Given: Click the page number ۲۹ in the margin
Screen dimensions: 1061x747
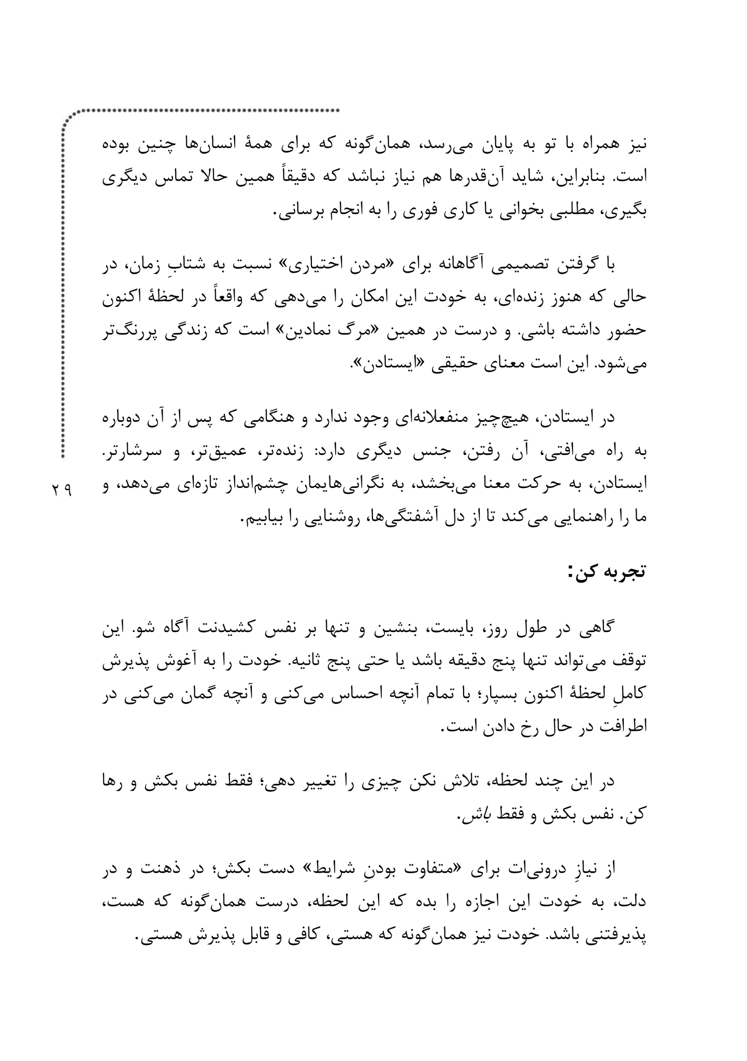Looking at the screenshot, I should coord(62,489).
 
